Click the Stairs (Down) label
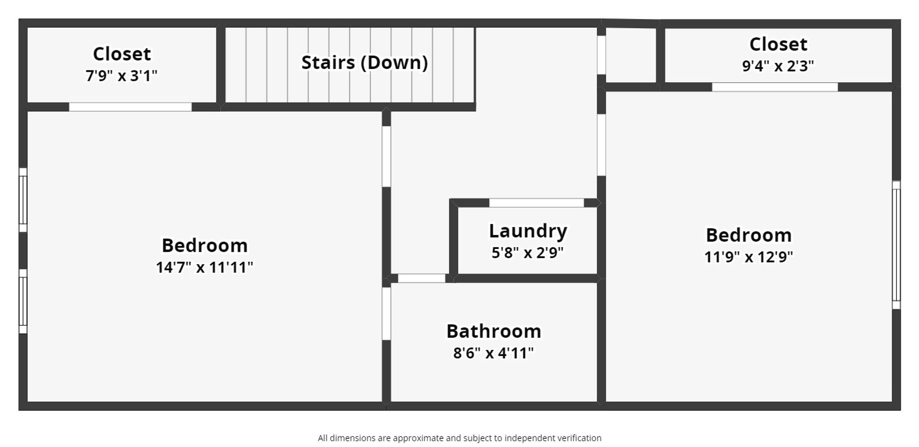click(364, 63)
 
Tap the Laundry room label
click(528, 231)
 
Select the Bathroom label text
click(493, 331)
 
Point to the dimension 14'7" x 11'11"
click(204, 267)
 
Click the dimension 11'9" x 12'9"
click(749, 257)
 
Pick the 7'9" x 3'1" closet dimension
click(122, 76)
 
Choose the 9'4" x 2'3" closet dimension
click(778, 66)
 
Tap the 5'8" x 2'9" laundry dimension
click(527, 252)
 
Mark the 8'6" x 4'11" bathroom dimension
click(493, 353)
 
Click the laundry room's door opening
click(536, 203)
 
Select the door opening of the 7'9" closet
click(130, 107)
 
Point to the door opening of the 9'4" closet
click(774, 87)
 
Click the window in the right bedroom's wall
click(896, 245)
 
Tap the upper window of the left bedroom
click(23, 200)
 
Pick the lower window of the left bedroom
click(23, 301)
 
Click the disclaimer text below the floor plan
click(459, 438)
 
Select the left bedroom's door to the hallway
click(386, 156)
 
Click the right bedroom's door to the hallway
click(601, 145)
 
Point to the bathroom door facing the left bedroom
click(386, 313)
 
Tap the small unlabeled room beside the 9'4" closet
click(631, 56)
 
